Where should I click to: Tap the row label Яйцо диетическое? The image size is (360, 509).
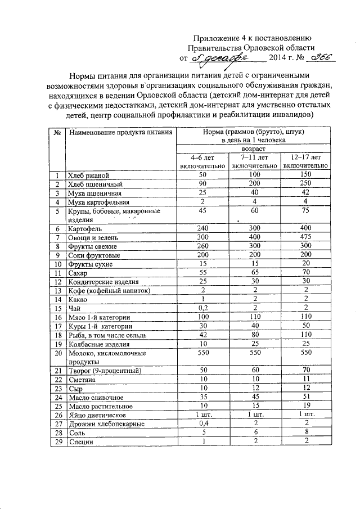pyautogui.click(x=97, y=415)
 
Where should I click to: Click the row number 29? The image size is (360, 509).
pyautogui.click(x=57, y=442)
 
